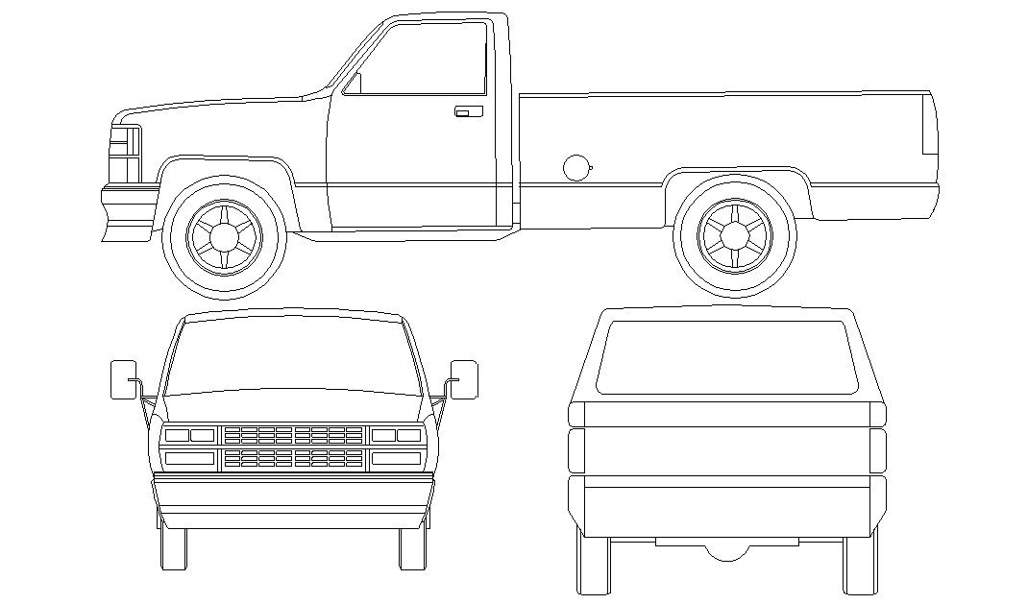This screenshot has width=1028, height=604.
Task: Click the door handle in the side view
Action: click(x=468, y=111)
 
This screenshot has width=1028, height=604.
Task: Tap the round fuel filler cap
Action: click(x=576, y=167)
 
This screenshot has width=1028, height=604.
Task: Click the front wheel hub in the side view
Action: click(x=225, y=235)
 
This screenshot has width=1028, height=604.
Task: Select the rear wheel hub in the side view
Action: click(x=735, y=234)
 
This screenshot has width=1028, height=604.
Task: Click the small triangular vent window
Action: click(x=353, y=85)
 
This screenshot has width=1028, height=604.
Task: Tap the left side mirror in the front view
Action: click(x=125, y=378)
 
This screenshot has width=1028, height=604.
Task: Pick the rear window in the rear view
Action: click(x=726, y=357)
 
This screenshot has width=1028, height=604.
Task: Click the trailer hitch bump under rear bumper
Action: click(x=726, y=551)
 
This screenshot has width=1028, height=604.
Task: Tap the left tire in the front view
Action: click(x=174, y=547)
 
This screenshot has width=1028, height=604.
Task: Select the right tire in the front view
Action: click(x=412, y=547)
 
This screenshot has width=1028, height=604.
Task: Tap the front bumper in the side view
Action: click(x=128, y=212)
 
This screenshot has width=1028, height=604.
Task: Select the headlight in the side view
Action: click(x=124, y=154)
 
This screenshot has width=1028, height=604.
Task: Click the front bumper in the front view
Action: click(x=293, y=499)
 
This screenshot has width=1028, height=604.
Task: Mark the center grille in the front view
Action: click(x=293, y=447)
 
